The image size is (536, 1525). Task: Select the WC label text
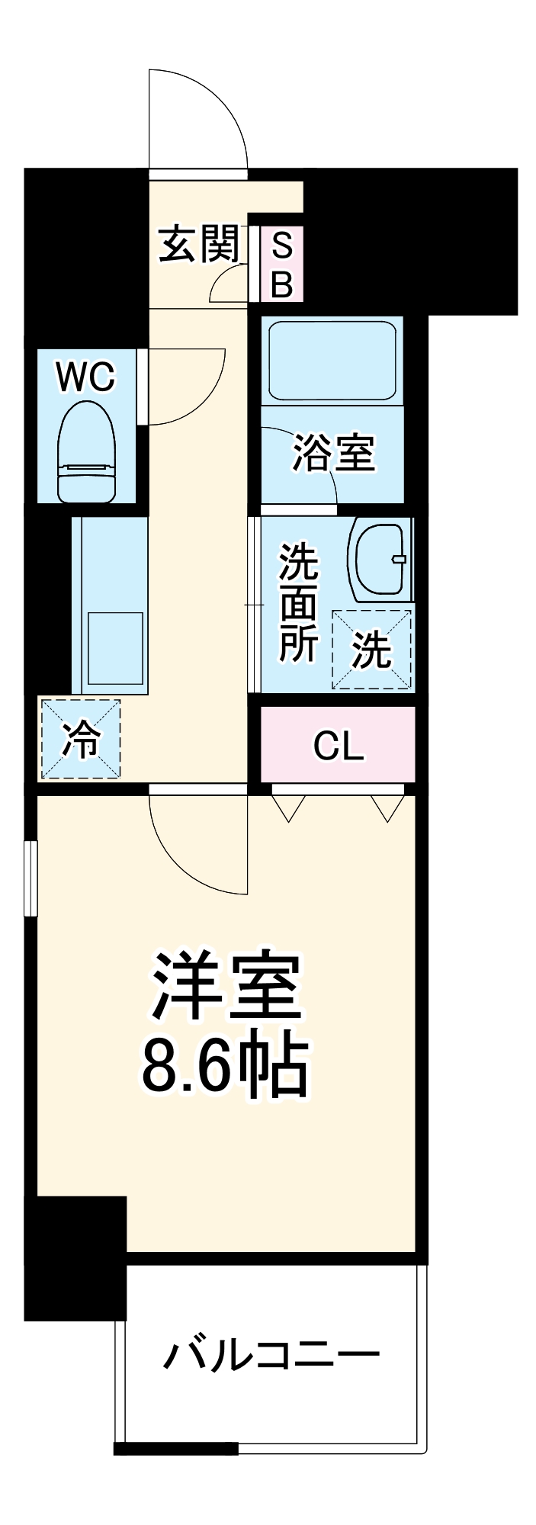(86, 376)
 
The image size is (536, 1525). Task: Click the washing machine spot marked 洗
(372, 650)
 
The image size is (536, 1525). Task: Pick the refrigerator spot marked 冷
(80, 739)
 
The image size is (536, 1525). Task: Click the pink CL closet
(338, 745)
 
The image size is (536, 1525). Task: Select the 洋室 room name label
(226, 986)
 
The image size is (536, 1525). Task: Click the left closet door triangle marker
(288, 807)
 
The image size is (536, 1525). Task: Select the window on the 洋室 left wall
(30, 878)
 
